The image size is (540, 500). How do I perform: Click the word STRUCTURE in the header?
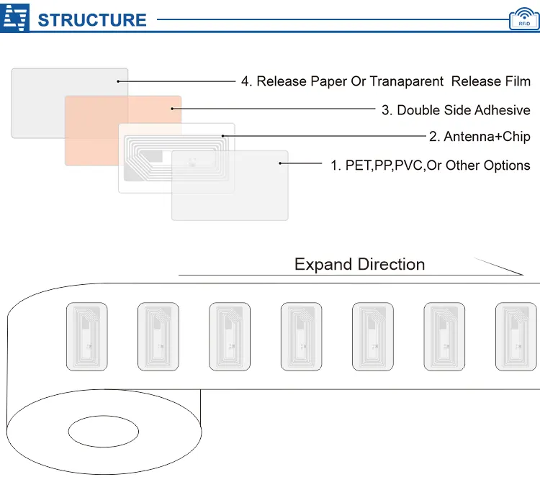pos(91,19)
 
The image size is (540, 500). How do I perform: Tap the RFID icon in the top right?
pos(523,19)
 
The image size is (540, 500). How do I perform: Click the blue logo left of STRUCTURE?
pos(16,19)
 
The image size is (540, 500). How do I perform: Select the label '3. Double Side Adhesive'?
pos(456,110)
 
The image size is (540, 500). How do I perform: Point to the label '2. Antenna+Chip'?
pos(480,137)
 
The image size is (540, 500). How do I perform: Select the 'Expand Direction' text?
pos(359,264)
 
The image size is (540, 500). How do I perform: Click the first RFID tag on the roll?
pos(86,337)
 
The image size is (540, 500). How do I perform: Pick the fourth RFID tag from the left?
pos(301,337)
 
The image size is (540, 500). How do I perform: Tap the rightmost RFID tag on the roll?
pos(516,337)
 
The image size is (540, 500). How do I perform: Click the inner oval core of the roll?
pos(103,432)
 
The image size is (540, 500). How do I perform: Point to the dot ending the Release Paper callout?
pos(118,81)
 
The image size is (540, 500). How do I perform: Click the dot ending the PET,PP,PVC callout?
pos(280,164)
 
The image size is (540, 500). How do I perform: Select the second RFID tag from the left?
pos(158,337)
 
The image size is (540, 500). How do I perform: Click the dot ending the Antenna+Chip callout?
pos(223,135)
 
